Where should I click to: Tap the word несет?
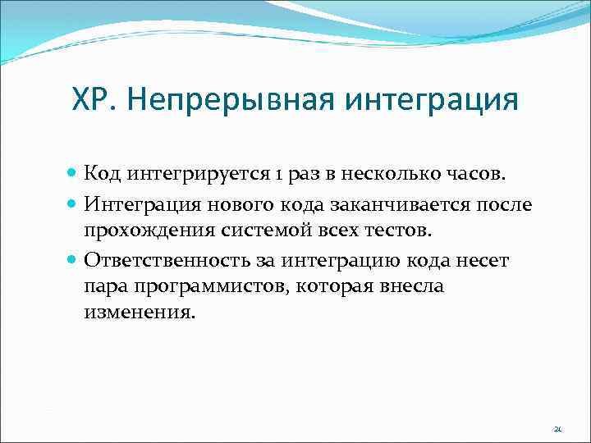(x=486, y=261)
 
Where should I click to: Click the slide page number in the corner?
(x=557, y=428)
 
